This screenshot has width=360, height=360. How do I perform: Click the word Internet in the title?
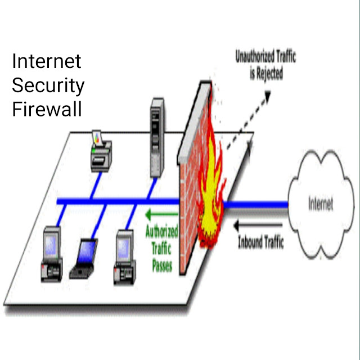tap(47, 61)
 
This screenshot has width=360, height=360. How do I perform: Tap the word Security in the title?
tap(48, 85)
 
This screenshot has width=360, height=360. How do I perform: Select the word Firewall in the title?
tap(47, 109)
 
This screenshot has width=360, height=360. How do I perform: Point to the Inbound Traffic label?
tap(260, 243)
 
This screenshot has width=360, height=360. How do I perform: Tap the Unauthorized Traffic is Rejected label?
tap(265, 65)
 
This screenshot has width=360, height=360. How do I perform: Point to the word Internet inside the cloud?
tap(320, 203)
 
